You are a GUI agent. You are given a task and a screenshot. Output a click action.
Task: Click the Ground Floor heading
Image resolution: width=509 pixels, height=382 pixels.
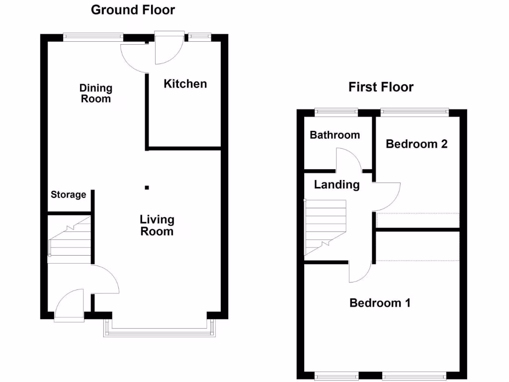point(133,10)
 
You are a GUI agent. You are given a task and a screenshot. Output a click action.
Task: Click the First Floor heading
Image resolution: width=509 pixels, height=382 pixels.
point(381,88)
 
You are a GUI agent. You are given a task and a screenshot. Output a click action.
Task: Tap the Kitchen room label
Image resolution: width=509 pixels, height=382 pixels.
point(185,84)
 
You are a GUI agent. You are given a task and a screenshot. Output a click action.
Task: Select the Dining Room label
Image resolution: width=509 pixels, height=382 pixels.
point(96,93)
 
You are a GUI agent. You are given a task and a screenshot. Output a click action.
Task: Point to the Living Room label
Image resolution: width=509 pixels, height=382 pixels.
point(157,225)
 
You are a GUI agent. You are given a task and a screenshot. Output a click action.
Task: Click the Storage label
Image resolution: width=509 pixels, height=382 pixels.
point(68,195)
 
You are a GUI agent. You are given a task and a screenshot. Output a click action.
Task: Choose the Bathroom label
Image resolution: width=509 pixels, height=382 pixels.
point(335,135)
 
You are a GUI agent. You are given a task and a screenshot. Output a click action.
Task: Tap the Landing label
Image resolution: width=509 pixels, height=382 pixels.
point(337,185)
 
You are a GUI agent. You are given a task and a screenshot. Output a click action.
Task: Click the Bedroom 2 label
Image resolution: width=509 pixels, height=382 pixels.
point(417,144)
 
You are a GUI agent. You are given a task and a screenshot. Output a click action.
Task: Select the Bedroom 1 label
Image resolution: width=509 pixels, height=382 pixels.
point(380,303)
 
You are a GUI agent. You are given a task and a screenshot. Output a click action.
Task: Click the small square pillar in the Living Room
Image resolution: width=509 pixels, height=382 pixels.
point(147,188)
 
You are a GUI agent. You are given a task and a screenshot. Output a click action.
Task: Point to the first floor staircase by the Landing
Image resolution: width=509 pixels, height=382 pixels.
point(325,227)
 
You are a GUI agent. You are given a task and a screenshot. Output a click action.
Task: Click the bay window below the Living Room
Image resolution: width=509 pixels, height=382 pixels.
point(160,330)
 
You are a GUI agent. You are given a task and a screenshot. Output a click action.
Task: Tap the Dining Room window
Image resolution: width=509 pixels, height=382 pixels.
point(93,36)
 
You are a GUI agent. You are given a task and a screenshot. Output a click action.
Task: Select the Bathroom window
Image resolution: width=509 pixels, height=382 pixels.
point(336,111)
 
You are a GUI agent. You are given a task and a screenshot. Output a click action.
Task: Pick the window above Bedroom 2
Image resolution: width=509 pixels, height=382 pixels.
point(415,111)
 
